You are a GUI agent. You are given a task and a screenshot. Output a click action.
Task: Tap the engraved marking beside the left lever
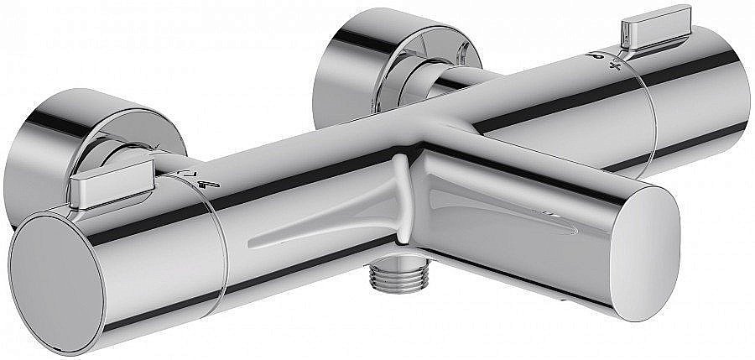pyautogui.click(x=198, y=176)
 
